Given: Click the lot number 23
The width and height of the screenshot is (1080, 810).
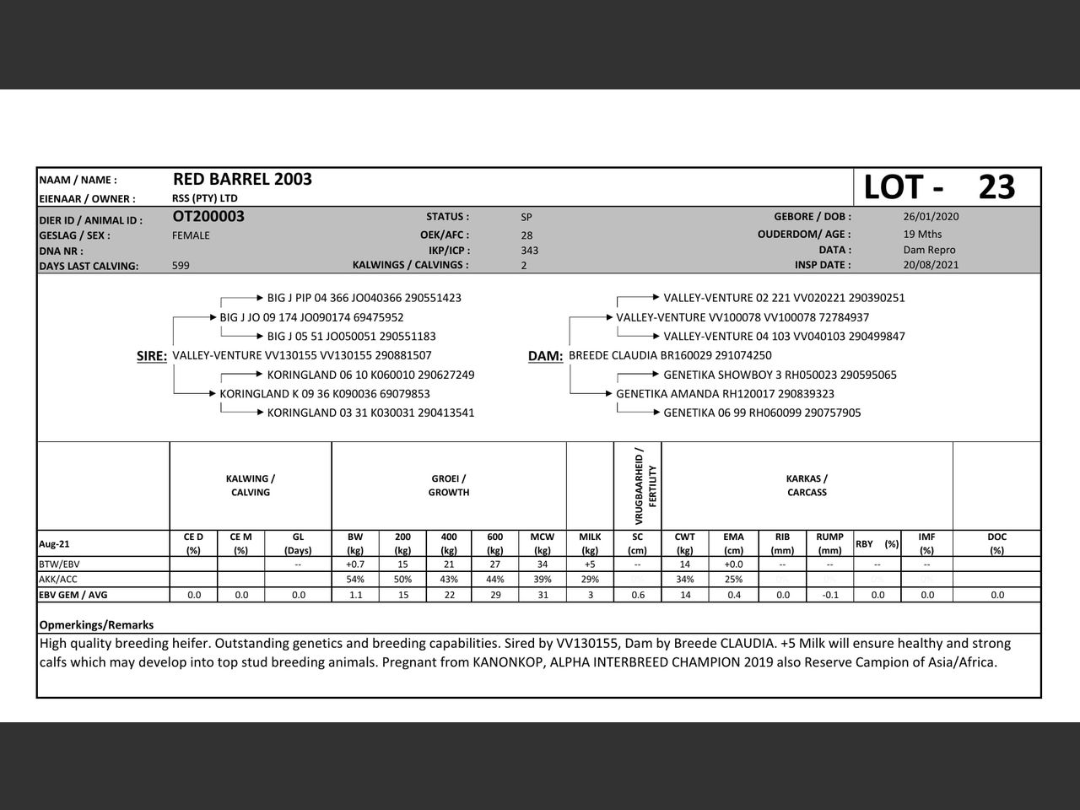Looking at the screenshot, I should click(x=996, y=187).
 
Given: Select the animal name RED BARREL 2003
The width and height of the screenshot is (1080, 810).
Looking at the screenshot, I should click(x=242, y=179).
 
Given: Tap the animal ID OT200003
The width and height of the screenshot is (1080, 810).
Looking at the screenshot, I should click(x=208, y=217).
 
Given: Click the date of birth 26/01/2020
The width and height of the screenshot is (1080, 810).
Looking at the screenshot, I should click(x=931, y=216).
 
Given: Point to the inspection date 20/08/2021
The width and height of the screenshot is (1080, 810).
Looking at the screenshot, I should click(x=931, y=265).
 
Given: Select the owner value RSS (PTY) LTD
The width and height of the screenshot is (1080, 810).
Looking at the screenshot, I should click(x=204, y=198).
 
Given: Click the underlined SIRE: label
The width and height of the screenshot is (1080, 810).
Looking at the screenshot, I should click(x=152, y=356).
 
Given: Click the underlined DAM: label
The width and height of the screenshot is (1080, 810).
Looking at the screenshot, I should click(x=545, y=356).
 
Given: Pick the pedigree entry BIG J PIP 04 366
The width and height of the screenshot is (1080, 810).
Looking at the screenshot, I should click(x=364, y=298).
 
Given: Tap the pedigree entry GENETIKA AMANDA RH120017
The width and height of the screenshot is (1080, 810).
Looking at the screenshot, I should click(x=725, y=394).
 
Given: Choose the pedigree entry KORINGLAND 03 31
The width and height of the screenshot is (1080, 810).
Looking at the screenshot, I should click(x=370, y=413).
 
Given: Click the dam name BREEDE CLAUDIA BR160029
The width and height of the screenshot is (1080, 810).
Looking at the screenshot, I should click(x=670, y=355).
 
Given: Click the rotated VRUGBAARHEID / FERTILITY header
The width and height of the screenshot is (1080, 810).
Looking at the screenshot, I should click(x=645, y=485).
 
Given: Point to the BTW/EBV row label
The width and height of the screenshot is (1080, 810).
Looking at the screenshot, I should click(x=59, y=564).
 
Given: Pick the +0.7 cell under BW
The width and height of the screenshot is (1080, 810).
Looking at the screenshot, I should click(x=355, y=564).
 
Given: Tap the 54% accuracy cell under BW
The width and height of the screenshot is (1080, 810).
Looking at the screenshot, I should click(x=355, y=580).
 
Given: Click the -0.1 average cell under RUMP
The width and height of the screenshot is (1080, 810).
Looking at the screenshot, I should click(x=829, y=595).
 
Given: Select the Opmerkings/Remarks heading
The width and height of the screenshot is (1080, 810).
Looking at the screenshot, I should click(x=96, y=625).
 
